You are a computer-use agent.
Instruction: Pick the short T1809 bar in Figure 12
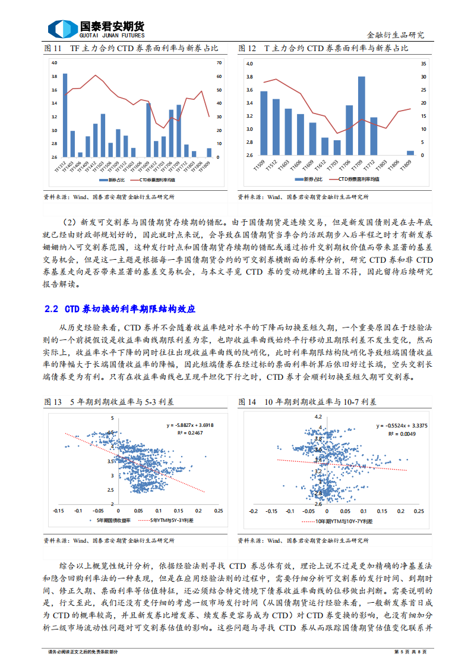tap(410, 153)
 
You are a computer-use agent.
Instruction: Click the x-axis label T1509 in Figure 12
tap(259, 164)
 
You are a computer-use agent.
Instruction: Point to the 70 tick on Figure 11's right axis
tap(220, 62)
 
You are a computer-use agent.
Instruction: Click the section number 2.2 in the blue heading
tap(51, 309)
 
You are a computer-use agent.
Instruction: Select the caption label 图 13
tap(53, 402)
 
